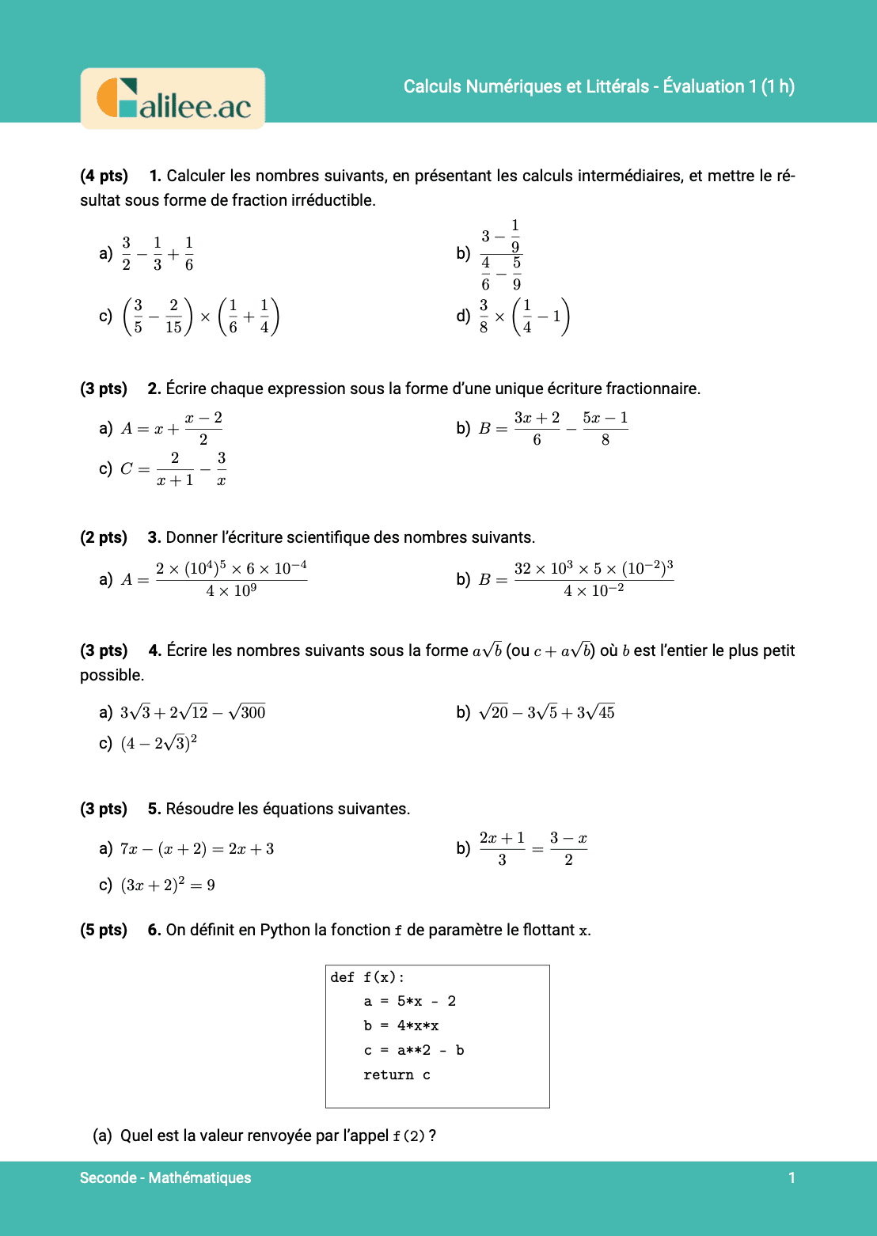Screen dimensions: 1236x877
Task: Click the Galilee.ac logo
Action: pyautogui.click(x=173, y=99)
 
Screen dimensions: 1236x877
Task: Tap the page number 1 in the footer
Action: pyautogui.click(x=792, y=1177)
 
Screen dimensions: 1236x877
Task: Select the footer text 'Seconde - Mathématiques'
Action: pyautogui.click(x=165, y=1177)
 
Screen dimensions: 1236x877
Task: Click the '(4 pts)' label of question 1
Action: pyautogui.click(x=104, y=176)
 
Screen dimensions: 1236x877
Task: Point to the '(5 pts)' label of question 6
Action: pyautogui.click(x=104, y=930)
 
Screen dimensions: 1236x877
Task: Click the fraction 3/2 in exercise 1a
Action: pyautogui.click(x=126, y=253)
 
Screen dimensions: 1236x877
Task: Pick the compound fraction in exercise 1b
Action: pyautogui.click(x=500, y=255)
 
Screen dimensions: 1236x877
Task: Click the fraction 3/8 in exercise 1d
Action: pyautogui.click(x=484, y=317)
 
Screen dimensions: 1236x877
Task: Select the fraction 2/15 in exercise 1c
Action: pyautogui.click(x=173, y=317)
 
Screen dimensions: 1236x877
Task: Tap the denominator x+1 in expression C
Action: pyautogui.click(x=175, y=480)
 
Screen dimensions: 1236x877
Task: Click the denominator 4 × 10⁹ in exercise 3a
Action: pyautogui.click(x=231, y=591)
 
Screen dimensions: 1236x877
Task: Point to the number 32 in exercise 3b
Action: pyautogui.click(x=523, y=569)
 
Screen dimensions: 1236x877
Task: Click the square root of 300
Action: pyautogui.click(x=247, y=712)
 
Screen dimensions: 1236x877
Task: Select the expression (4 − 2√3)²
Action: pyautogui.click(x=158, y=743)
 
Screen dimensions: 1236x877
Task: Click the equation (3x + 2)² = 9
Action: pyautogui.click(x=168, y=885)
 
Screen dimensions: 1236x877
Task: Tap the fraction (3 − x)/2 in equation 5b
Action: pyautogui.click(x=568, y=848)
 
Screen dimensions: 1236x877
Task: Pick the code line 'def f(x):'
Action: pyautogui.click(x=367, y=977)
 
